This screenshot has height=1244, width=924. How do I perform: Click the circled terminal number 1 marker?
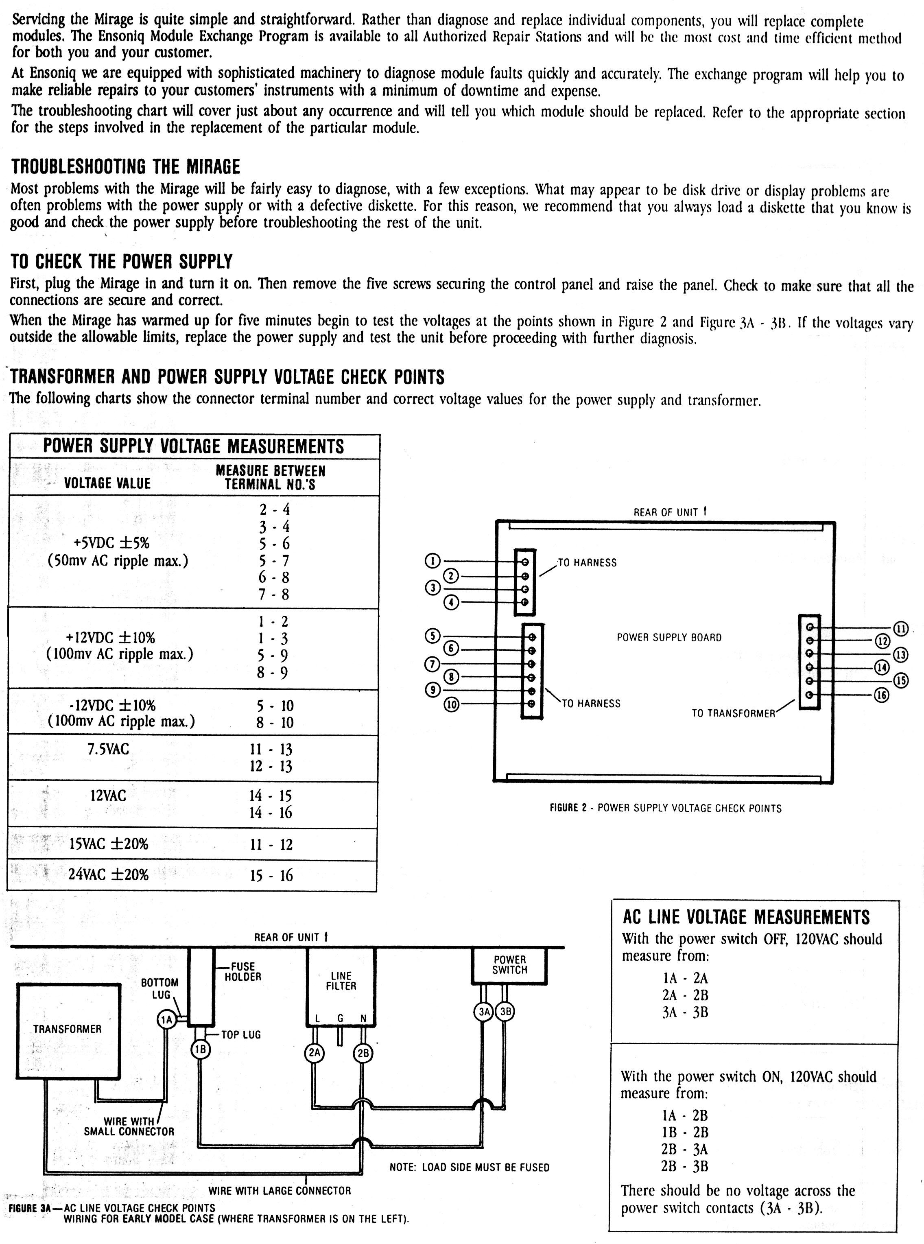pyautogui.click(x=433, y=561)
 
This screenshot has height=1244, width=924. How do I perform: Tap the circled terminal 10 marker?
pyautogui.click(x=451, y=704)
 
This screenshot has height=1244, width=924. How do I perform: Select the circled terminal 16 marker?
pyautogui.click(x=882, y=695)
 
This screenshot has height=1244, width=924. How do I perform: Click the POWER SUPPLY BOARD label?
pyautogui.click(x=669, y=638)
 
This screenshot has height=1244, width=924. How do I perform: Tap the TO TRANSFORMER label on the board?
pyautogui.click(x=733, y=713)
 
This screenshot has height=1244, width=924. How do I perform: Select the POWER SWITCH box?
pyautogui.click(x=509, y=965)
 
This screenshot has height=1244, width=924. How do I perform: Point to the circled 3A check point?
pyautogui.click(x=484, y=1011)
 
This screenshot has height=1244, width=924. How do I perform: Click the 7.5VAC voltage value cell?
pyautogui.click(x=108, y=750)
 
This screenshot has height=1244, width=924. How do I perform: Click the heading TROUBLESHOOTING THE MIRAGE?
pyautogui.click(x=126, y=167)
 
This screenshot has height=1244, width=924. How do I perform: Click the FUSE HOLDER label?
pyautogui.click(x=243, y=972)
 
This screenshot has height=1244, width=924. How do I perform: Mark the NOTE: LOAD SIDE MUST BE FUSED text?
pyautogui.click(x=469, y=1167)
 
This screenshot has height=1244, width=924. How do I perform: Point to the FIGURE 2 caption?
pyautogui.click(x=665, y=808)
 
